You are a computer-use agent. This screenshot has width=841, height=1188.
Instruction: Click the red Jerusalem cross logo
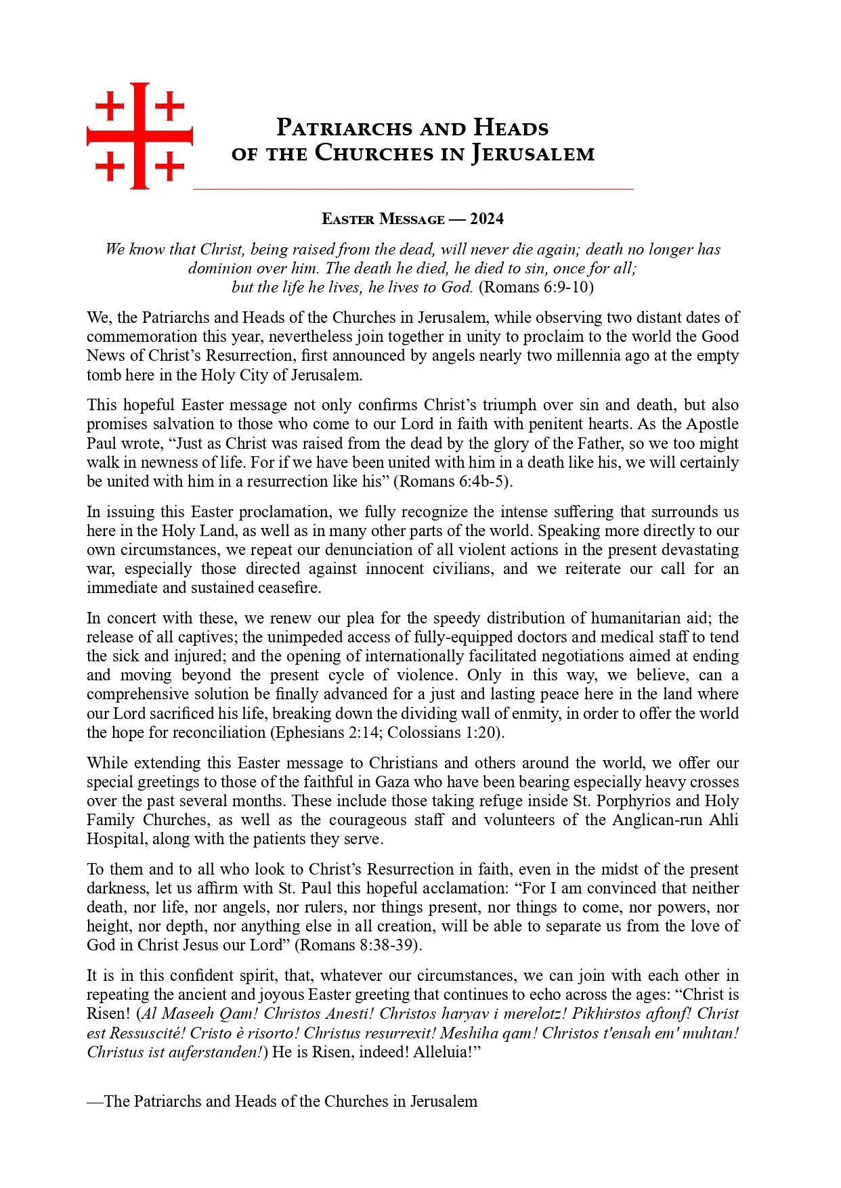tap(139, 135)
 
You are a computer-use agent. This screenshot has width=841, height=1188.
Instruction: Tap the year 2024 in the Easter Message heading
tap(487, 219)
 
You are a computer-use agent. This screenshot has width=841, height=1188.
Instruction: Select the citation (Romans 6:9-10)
tap(536, 287)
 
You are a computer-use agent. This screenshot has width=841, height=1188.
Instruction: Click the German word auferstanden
tap(217, 1053)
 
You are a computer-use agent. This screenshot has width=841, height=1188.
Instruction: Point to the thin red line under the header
tap(413, 189)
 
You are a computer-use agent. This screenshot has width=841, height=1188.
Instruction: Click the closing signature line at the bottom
tap(282, 1101)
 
